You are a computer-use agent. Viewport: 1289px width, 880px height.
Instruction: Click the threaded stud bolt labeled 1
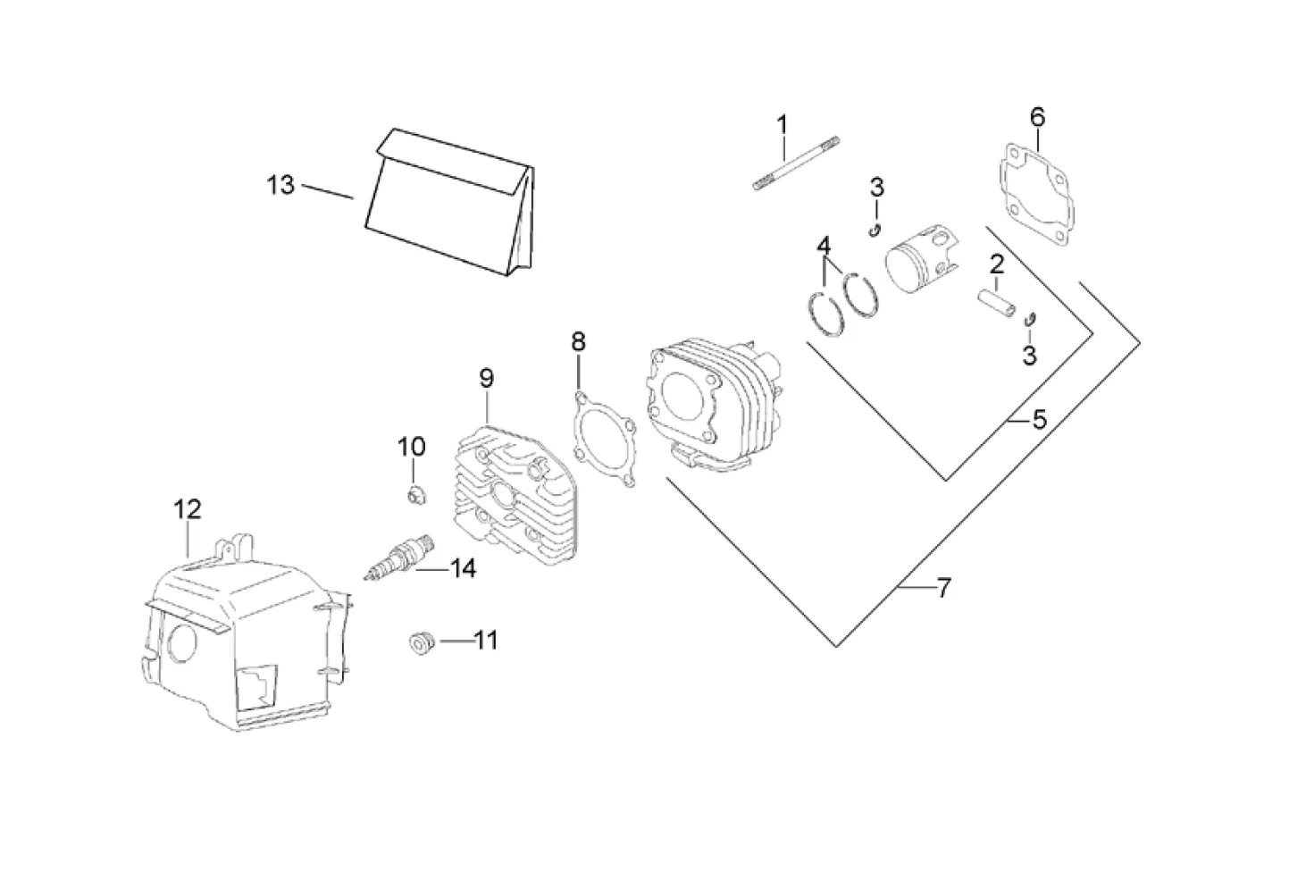coord(796,163)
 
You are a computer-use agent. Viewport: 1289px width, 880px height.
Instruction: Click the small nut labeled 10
coord(415,496)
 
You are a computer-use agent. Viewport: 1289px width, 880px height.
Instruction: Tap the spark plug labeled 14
coord(400,557)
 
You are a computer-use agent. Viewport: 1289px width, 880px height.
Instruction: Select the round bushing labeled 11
coord(423,645)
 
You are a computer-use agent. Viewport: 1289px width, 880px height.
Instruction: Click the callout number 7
coord(944,588)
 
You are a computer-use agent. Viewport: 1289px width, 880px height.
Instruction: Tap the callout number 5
coord(1039,420)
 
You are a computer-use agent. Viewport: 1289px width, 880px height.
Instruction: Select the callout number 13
coord(280,185)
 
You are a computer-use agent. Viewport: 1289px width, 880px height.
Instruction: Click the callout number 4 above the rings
coord(824,247)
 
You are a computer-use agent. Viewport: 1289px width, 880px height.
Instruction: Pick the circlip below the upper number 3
coord(875,230)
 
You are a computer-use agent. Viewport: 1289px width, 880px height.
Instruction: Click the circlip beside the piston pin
coord(1029,320)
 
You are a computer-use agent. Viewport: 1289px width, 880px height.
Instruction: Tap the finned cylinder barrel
coord(714,404)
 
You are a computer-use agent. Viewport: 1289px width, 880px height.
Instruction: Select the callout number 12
coord(188,509)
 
